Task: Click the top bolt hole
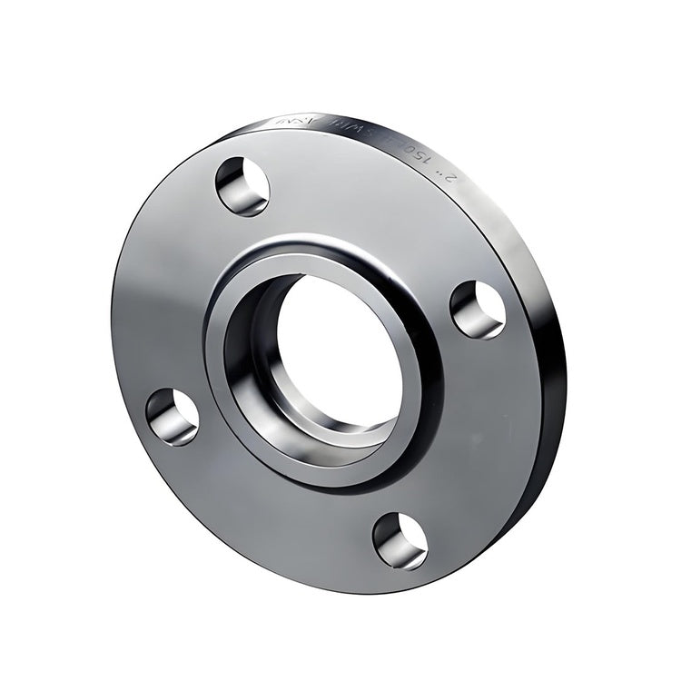tap(242, 185)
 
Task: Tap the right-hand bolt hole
tap(479, 310)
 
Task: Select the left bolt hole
tap(173, 417)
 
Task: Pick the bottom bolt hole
tap(400, 540)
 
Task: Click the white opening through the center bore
tap(340, 350)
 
